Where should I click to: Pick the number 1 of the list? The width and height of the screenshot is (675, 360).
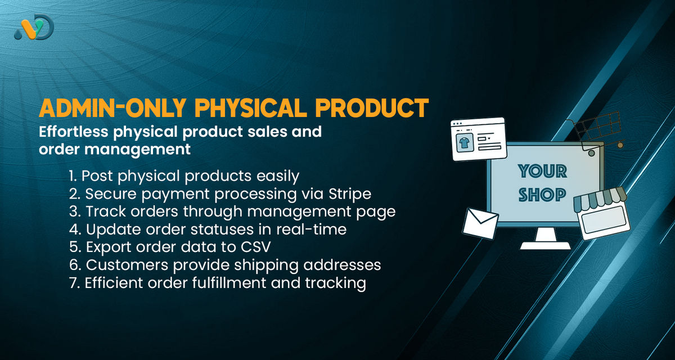[72, 176]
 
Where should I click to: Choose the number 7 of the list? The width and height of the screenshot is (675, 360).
[73, 283]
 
